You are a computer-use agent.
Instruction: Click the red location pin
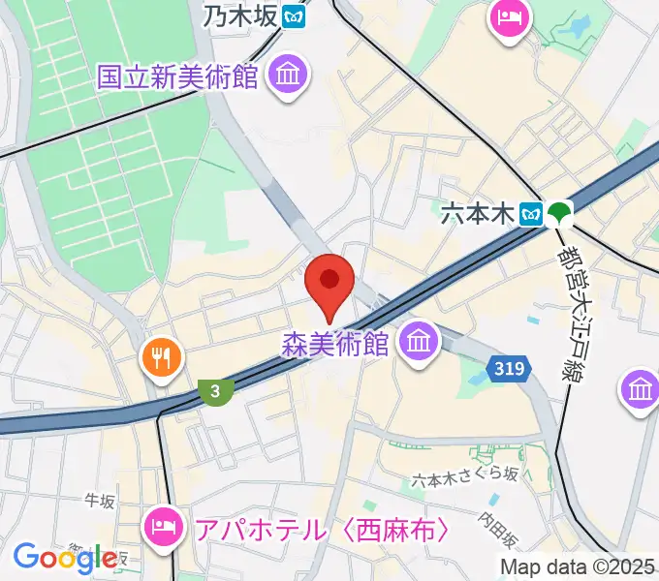329,283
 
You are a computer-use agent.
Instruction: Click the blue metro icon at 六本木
530,214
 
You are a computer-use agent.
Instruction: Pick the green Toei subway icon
557,214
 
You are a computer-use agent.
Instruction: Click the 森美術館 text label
334,344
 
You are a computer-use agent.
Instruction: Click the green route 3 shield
215,390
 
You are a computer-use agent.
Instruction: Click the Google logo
65,557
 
